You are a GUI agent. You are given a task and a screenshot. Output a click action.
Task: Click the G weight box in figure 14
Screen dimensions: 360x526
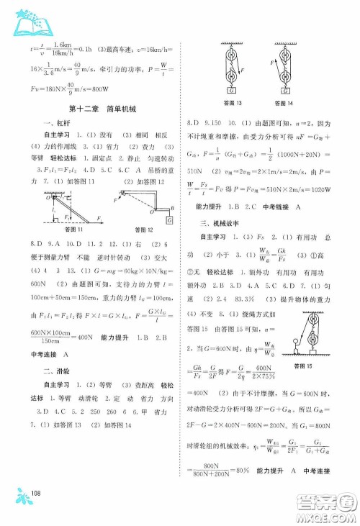(287, 91)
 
